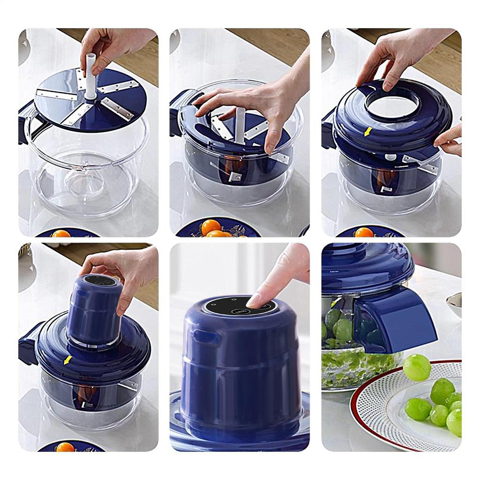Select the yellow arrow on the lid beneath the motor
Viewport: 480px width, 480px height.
(68, 360)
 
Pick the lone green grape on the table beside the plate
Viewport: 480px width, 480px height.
(417, 367)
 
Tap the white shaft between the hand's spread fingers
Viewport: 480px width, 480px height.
(240, 125)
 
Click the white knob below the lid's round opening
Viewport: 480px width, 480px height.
(389, 157)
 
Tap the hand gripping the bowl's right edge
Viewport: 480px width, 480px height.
(449, 140)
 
